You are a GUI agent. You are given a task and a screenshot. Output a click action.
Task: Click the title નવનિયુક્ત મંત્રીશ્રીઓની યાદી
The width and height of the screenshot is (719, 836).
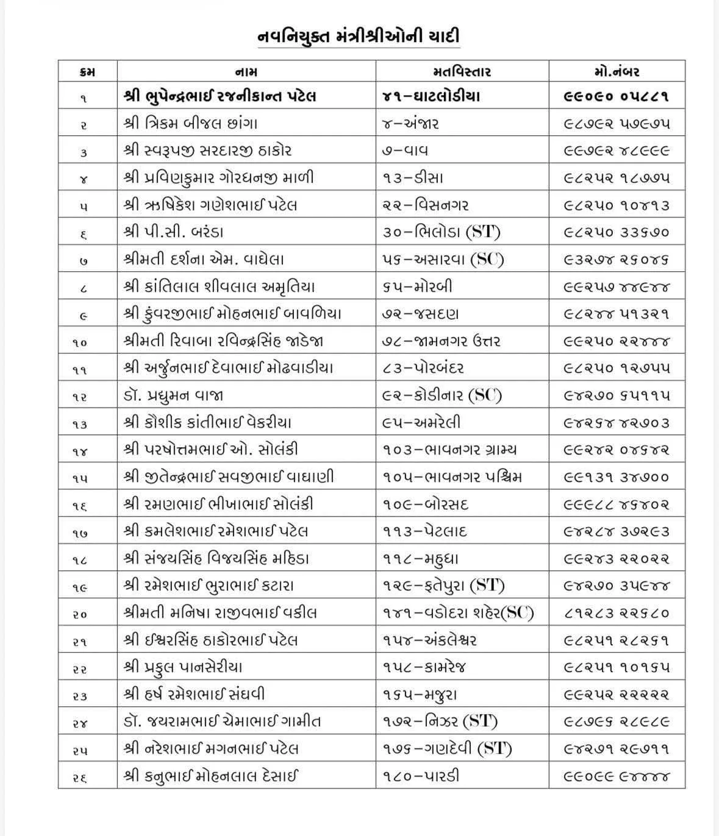pos(358,36)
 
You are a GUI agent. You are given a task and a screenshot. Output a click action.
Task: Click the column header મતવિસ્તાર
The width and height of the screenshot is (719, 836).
pos(462,72)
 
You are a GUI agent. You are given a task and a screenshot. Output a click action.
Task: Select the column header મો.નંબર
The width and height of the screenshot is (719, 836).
pos(617,72)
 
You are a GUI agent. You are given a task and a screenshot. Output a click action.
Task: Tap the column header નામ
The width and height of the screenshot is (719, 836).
pos(246,72)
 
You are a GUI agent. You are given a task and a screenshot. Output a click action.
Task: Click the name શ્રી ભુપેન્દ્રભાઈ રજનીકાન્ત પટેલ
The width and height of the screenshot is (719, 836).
pos(220,96)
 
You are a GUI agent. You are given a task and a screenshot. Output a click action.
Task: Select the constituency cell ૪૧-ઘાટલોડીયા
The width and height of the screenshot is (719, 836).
pos(431,96)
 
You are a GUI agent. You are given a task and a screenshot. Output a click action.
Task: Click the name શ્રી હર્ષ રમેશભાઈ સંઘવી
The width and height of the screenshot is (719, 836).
pos(195,694)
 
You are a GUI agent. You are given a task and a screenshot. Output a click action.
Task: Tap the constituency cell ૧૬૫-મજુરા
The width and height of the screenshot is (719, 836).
pos(420,694)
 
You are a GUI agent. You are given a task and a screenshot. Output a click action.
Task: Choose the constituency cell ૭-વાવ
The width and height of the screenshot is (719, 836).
pos(409,151)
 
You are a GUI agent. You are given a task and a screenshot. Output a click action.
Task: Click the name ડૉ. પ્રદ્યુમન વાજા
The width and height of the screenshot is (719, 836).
pos(173,395)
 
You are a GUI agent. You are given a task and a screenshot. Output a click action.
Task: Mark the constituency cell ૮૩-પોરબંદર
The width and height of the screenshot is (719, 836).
pos(426,368)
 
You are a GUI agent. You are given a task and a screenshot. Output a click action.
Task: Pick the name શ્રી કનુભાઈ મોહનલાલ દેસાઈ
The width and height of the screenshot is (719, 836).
pos(211,776)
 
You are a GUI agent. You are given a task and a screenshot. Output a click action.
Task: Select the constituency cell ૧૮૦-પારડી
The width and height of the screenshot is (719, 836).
pos(421,776)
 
